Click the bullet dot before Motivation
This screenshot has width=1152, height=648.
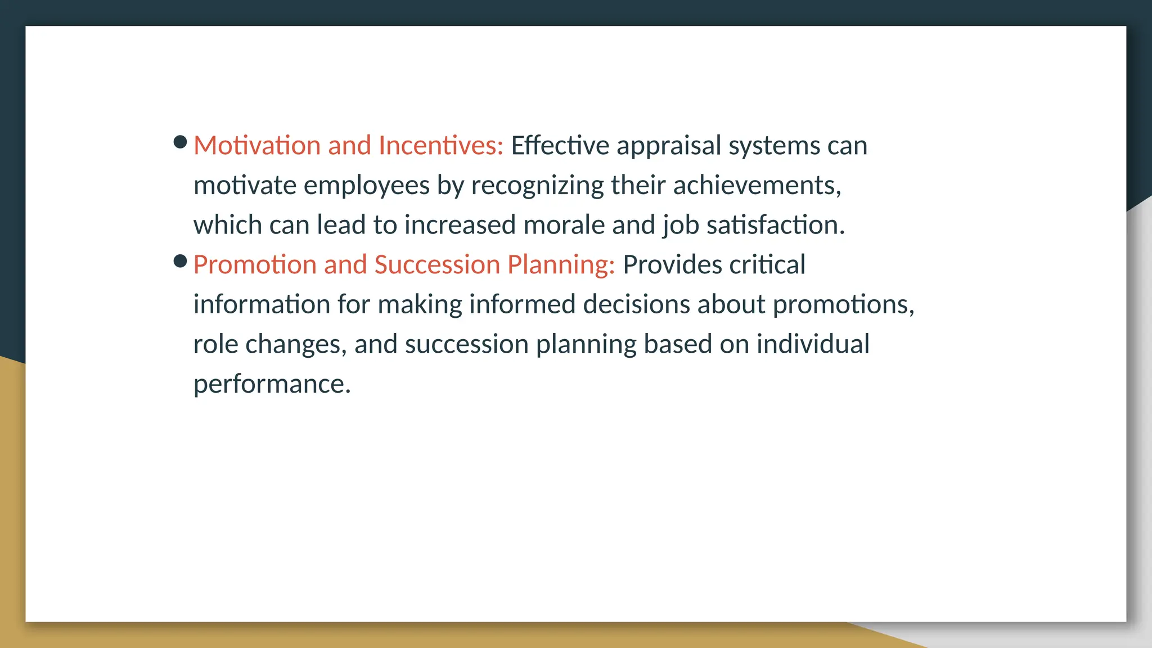(x=180, y=142)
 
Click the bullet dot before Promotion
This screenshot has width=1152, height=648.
(x=180, y=261)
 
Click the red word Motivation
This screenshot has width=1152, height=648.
(x=257, y=145)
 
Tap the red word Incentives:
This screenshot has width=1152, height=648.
(x=440, y=145)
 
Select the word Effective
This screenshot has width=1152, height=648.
(x=560, y=145)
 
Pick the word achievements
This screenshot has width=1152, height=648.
(x=757, y=185)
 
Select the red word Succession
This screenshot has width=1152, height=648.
(x=437, y=264)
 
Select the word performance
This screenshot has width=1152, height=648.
(x=272, y=385)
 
